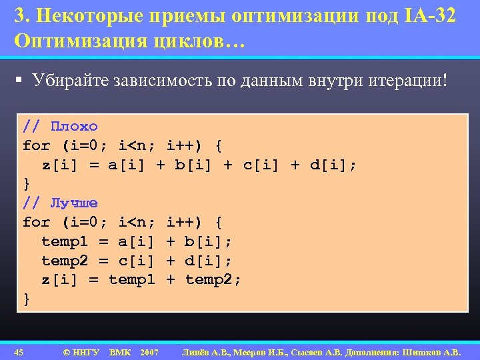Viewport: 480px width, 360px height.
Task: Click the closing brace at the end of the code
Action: click(27, 299)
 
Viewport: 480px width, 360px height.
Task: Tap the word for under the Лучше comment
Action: click(36, 222)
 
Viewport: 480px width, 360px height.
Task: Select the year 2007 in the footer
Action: click(149, 351)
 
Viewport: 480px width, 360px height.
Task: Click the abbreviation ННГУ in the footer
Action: click(86, 351)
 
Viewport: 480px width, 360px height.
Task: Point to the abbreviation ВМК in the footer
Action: click(119, 351)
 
